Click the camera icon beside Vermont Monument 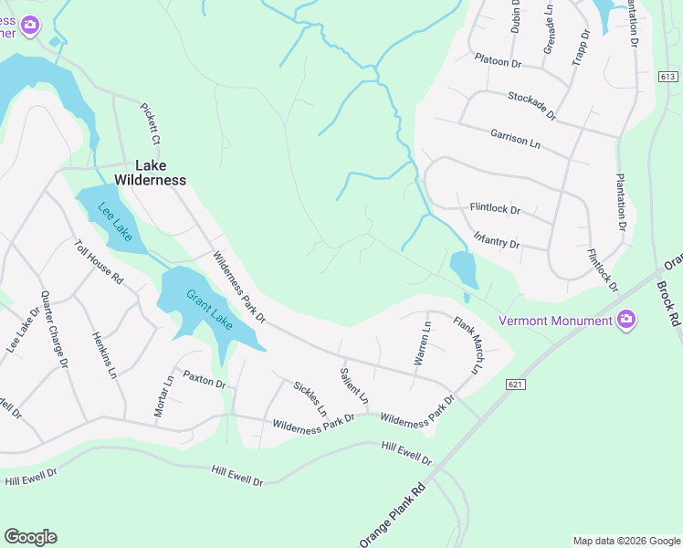tap(626, 320)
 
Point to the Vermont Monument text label tap(556, 321)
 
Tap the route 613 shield tap(668, 78)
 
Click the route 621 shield tap(515, 385)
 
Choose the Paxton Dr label tap(204, 378)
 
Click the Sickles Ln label tap(310, 398)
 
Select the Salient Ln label tap(353, 386)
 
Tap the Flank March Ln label tap(466, 345)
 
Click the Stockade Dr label tap(531, 105)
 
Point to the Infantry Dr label tap(496, 240)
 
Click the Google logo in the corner tap(30, 537)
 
